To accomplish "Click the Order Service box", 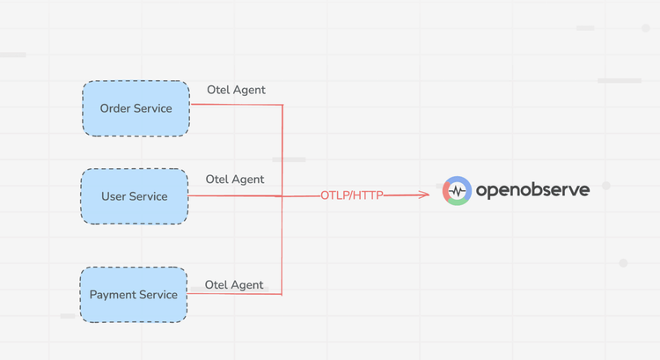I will coord(136,108).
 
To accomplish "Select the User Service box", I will coord(135,196).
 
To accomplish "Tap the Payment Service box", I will coord(134,295).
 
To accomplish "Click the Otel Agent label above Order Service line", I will coord(236,90).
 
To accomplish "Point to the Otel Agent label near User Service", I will coord(234,180).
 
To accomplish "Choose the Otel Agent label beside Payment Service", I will coord(234,285).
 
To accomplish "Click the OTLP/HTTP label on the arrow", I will coord(352,195).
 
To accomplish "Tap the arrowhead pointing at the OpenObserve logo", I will coord(424,195).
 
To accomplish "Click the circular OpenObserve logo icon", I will coord(457,191).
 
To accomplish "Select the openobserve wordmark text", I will coord(532,191).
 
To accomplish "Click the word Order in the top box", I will coord(115,108).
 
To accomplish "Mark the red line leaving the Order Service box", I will coord(233,105).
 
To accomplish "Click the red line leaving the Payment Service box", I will coord(233,294).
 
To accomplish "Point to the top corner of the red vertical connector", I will coord(282,106).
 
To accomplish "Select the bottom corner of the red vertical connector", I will coord(282,294).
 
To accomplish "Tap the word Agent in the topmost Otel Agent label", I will coord(248,90).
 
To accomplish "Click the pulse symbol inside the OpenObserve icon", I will coord(457,191).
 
